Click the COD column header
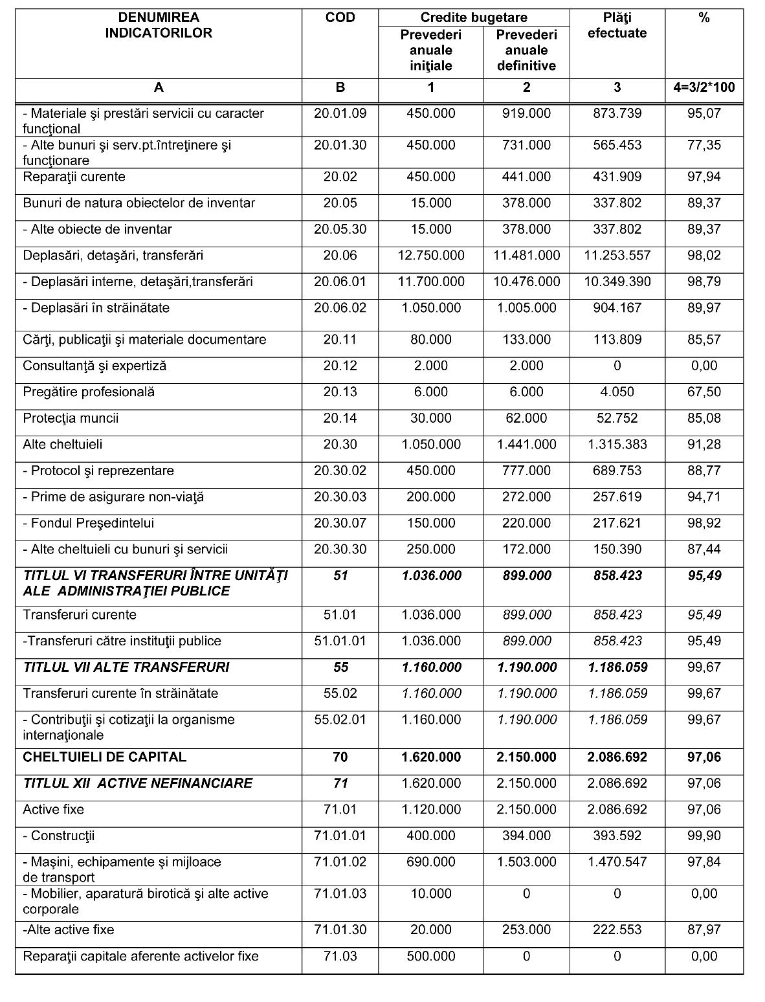point(340,18)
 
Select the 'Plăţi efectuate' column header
point(617,26)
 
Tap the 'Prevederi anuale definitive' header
point(526,50)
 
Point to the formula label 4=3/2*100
point(704,87)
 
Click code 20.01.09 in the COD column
point(340,113)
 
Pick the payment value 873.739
point(617,113)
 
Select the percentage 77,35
point(704,145)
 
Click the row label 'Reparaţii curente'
point(74,177)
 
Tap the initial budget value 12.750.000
point(431,256)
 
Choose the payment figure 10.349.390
point(617,282)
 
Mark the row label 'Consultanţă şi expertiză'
point(94,366)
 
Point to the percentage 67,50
point(704,392)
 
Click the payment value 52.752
point(617,418)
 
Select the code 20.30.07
point(340,523)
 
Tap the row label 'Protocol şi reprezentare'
point(98,471)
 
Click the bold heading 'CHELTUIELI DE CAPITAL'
point(104,757)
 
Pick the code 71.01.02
point(340,862)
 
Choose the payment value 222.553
point(617,930)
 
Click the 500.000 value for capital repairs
point(431,956)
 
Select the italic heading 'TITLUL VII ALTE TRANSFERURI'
point(126,667)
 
